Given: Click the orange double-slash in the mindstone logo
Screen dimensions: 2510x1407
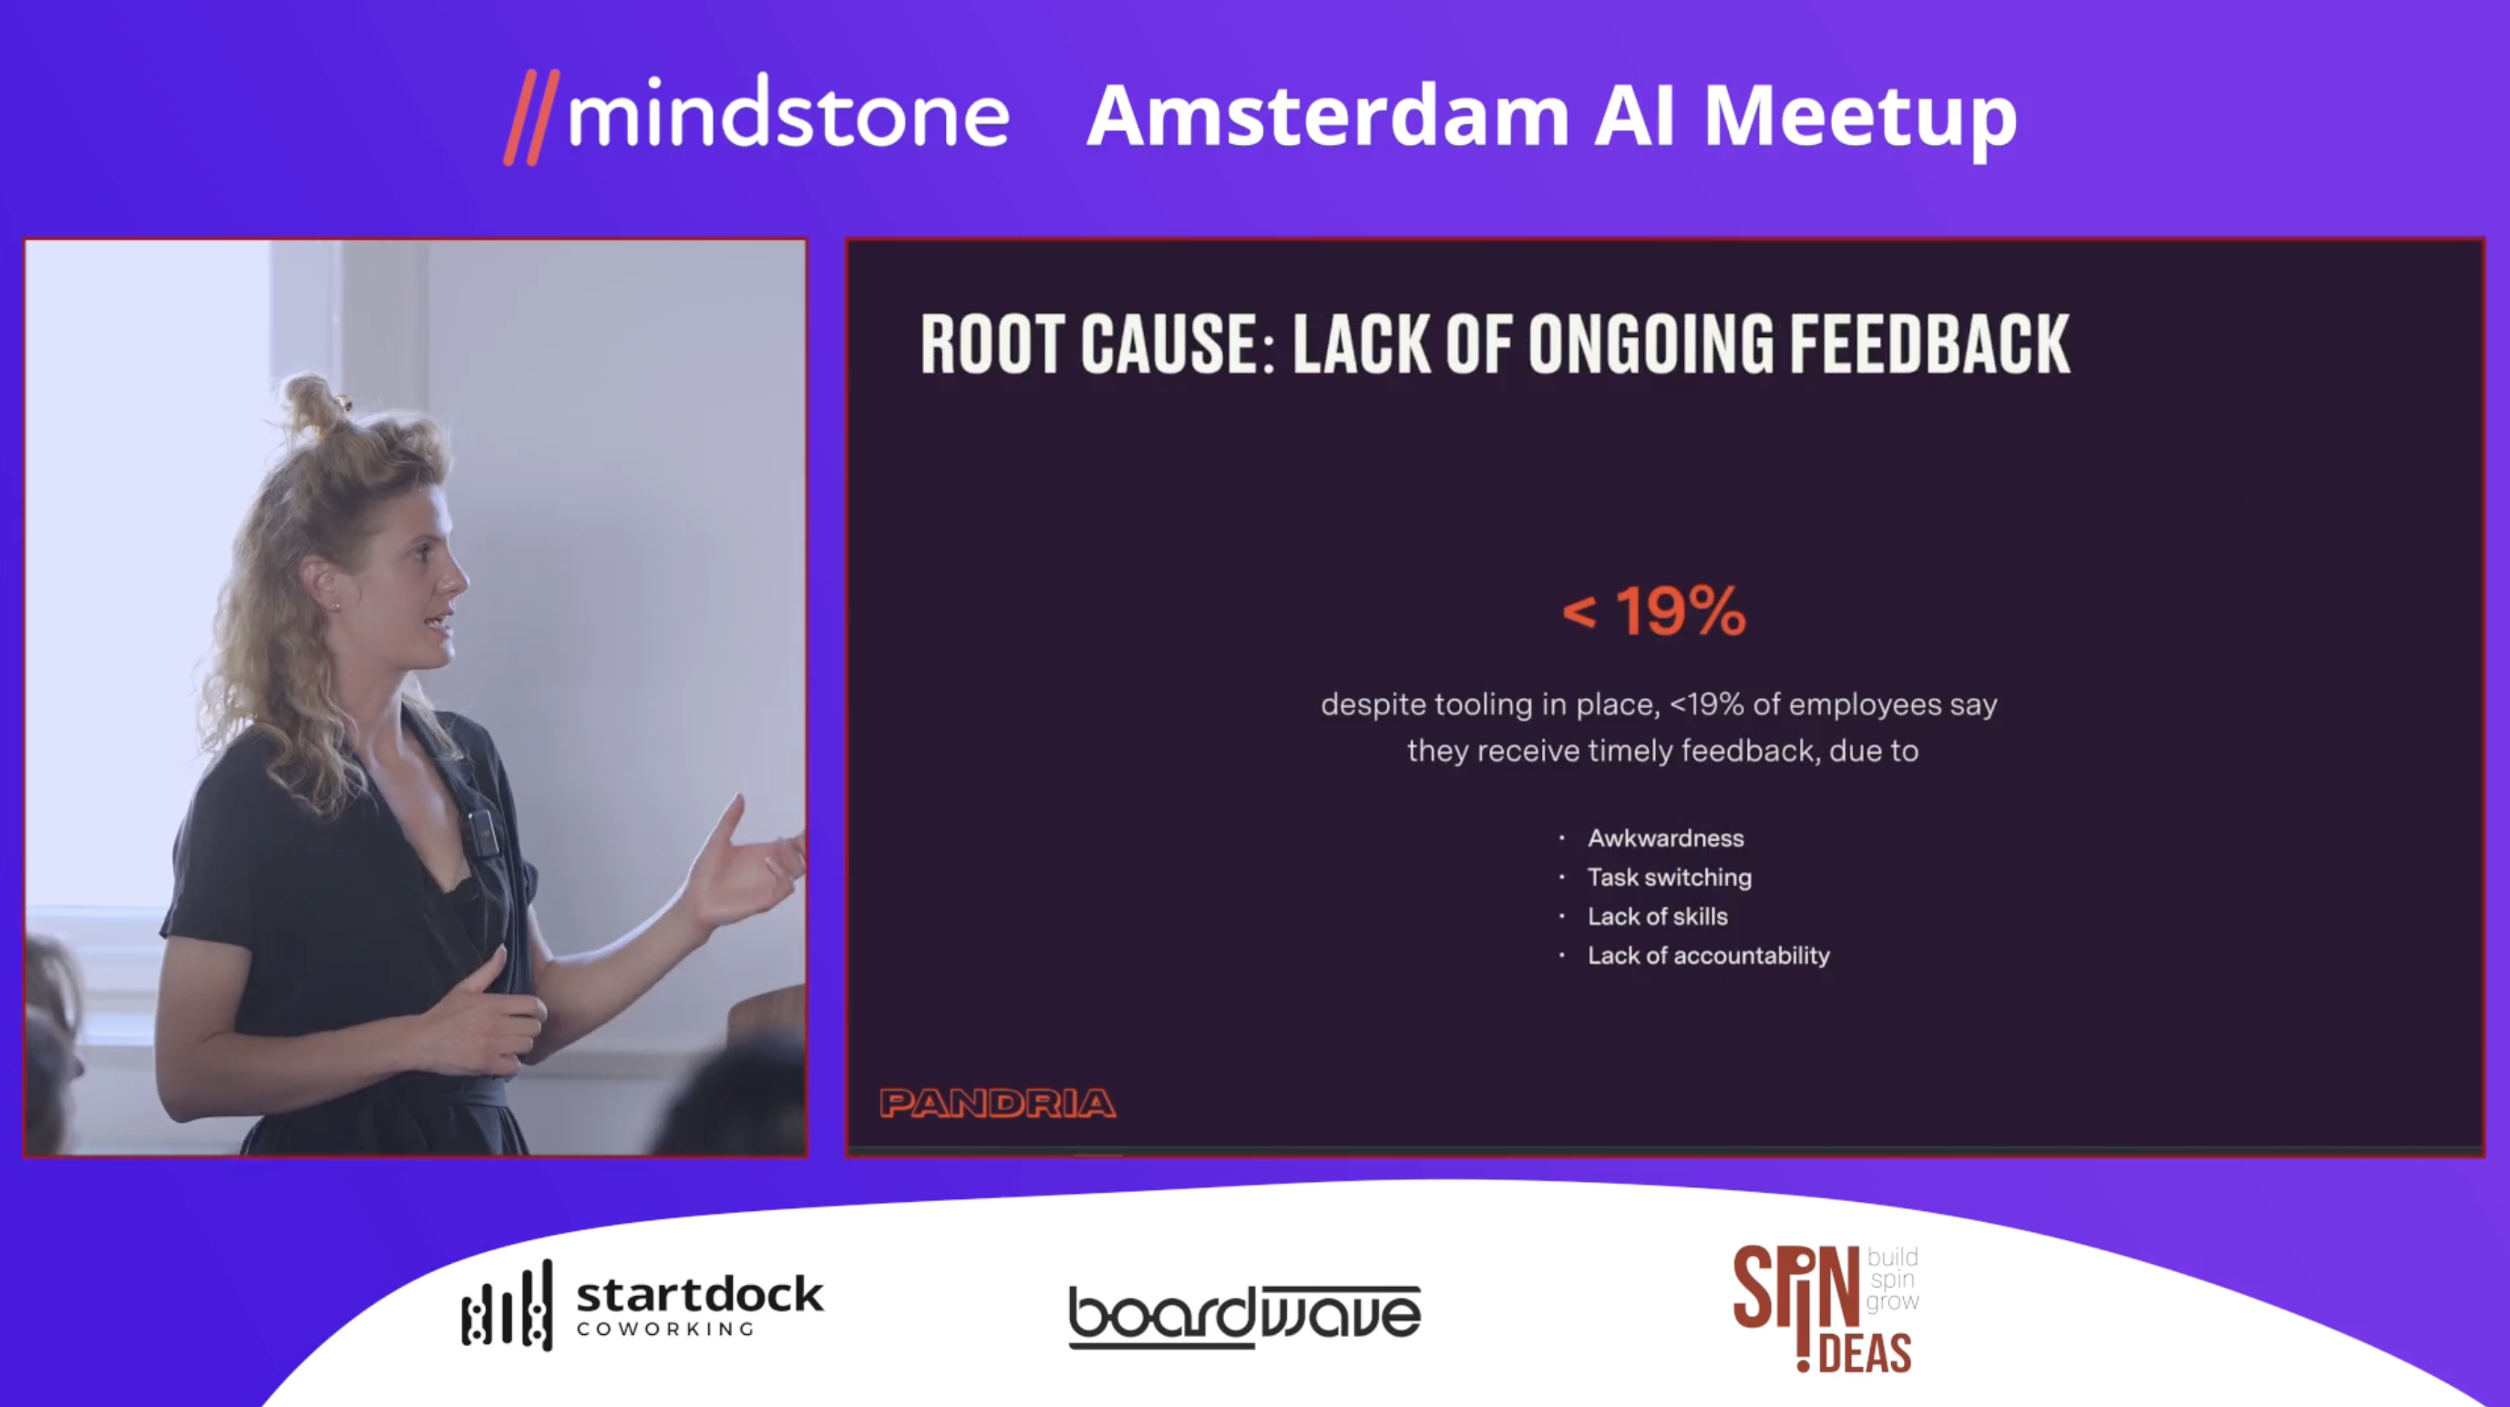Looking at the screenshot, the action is pos(532,117).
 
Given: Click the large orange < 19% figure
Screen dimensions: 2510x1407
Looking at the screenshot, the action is pos(1654,611).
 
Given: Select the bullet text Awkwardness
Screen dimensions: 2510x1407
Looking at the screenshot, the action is pos(1666,838).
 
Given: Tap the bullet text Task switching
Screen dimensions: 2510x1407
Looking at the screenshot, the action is pos(1670,877).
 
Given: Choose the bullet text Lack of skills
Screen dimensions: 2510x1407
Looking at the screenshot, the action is pos(1658,916).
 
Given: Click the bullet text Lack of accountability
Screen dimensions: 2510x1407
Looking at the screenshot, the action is pos(1709,955).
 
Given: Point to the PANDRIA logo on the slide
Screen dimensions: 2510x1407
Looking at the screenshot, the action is pos(998,1103).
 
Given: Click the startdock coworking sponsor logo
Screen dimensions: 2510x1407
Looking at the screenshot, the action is pos(643,1305).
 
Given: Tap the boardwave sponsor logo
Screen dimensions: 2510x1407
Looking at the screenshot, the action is pos(1245,1315).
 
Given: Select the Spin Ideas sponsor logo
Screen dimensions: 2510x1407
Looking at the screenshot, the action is pos(1826,1309).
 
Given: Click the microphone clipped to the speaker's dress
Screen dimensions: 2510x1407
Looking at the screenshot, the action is pos(481,831).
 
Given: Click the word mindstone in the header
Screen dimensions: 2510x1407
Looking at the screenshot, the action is pos(788,115).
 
